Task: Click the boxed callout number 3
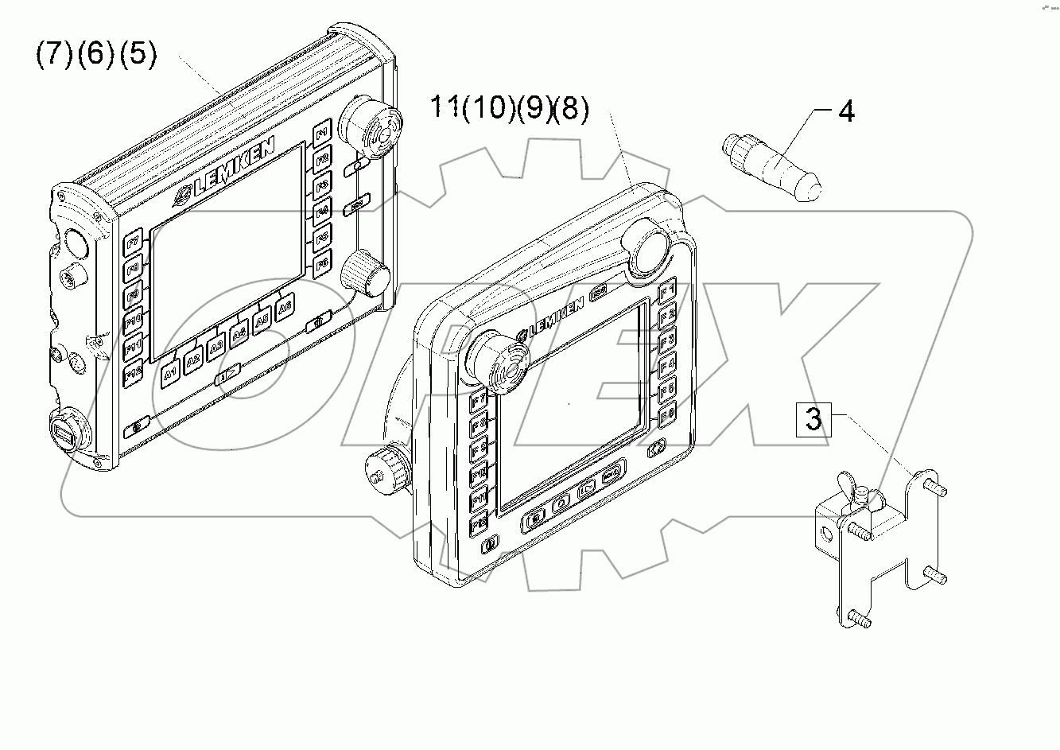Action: pyautogui.click(x=813, y=418)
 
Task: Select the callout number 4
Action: pyautogui.click(x=846, y=111)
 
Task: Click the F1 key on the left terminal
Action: pyautogui.click(x=322, y=134)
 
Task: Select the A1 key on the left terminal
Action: pyautogui.click(x=169, y=373)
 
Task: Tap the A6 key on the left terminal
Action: pyautogui.click(x=285, y=305)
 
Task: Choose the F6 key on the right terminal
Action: pyautogui.click(x=667, y=413)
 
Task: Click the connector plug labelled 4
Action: pyautogui.click(x=771, y=165)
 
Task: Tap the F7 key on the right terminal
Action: pyautogui.click(x=479, y=401)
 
